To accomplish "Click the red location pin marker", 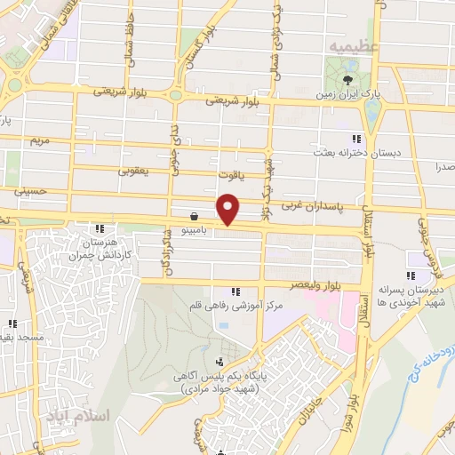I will (x=229, y=208).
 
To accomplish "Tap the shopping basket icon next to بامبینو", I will (x=194, y=215).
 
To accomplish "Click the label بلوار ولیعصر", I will (x=316, y=284).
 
